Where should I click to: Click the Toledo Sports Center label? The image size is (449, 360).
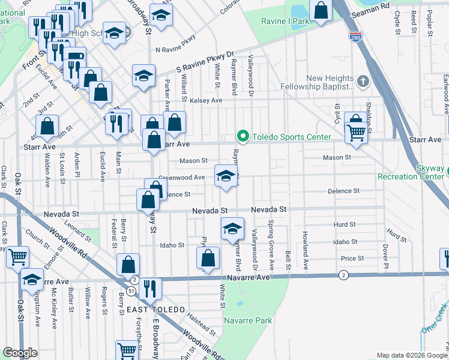coord(291,137)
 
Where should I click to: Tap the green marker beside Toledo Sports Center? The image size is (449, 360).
coord(243,137)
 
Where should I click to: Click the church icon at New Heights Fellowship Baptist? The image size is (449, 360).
coord(363,81)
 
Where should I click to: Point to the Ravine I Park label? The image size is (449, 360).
coord(285,21)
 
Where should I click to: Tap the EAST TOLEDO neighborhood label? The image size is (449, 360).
coord(151,309)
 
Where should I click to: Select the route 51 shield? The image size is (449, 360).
coord(130,291)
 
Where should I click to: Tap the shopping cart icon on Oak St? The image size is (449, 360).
coord(18,256)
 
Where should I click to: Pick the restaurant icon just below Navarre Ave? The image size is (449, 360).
coord(149,288)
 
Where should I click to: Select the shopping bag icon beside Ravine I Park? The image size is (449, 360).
coord(321,9)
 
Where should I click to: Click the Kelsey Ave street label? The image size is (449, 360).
coord(206,101)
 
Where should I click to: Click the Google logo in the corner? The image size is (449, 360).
coord(20,353)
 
